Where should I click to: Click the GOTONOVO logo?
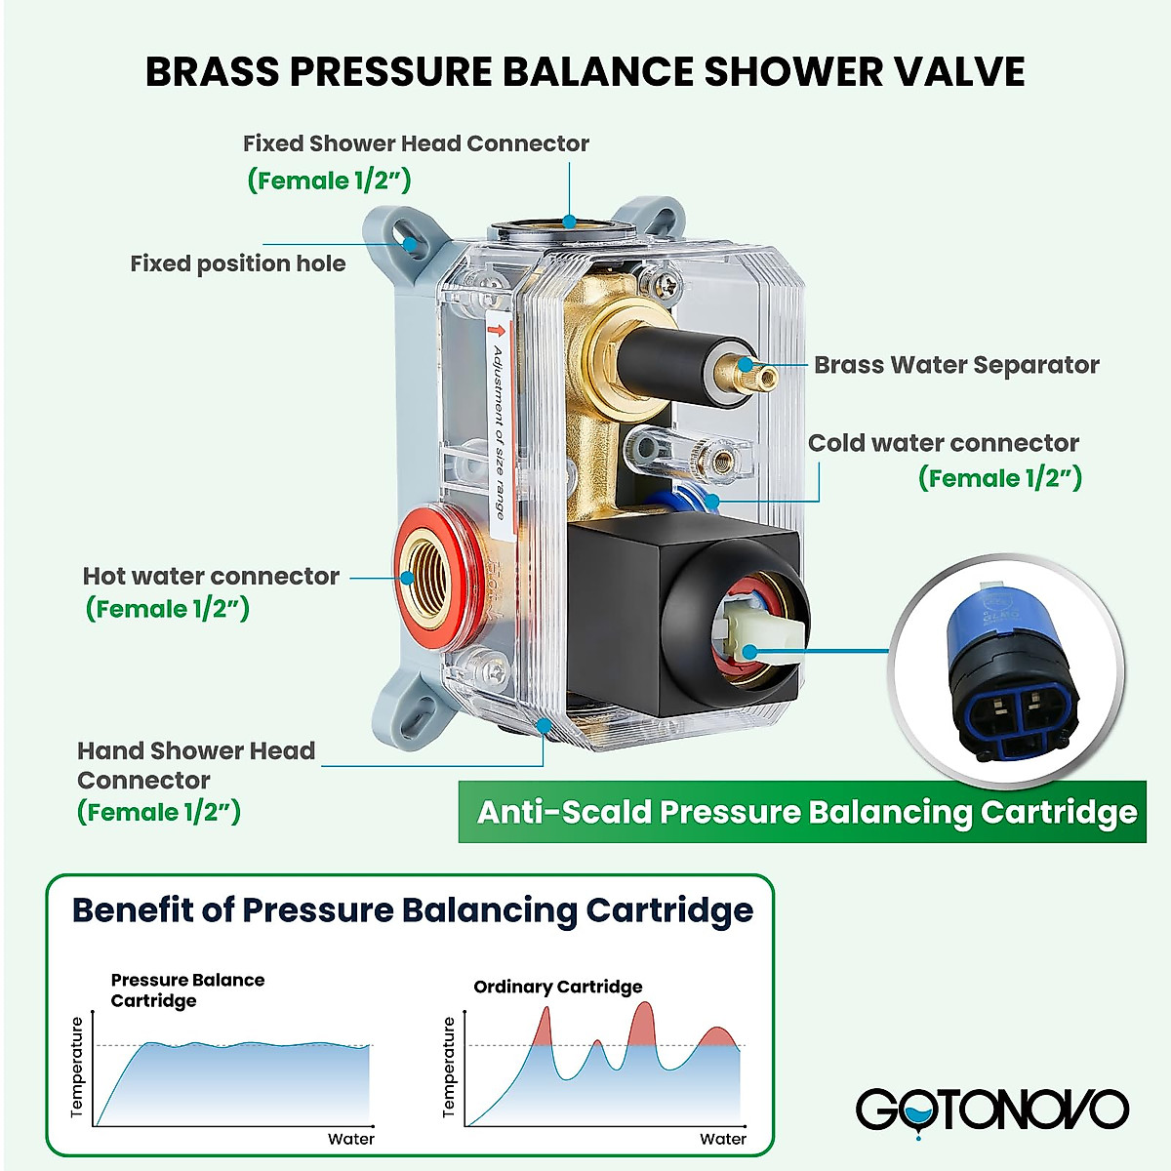point(991,1110)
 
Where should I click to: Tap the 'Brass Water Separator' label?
point(956,365)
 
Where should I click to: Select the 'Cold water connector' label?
point(943,443)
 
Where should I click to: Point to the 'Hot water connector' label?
point(211,577)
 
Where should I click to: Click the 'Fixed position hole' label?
point(237,263)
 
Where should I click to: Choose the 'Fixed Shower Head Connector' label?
point(416,144)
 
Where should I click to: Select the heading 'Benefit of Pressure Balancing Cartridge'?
point(412,909)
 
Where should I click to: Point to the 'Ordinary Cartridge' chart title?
point(557,987)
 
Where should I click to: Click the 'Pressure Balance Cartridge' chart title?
point(187,989)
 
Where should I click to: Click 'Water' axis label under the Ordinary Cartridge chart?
point(722,1139)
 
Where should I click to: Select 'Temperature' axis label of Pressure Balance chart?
point(78,1068)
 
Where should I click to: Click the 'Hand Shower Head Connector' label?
point(195,765)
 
